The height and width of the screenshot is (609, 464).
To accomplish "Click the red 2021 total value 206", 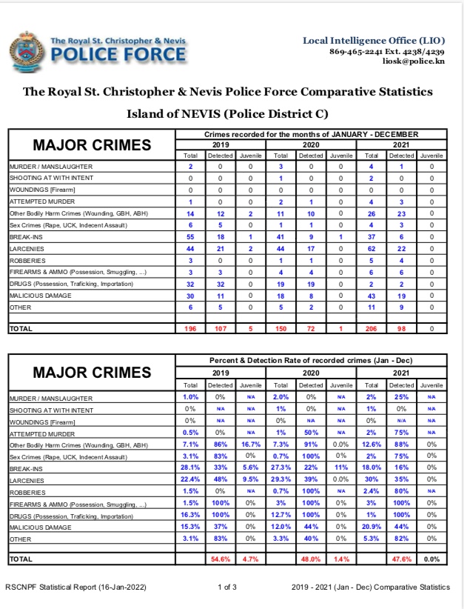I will pyautogui.click(x=371, y=327).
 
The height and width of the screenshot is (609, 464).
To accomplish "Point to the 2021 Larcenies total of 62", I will pyautogui.click(x=371, y=249).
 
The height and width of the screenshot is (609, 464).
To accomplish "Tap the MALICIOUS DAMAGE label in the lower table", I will pyautogui.click(x=41, y=528).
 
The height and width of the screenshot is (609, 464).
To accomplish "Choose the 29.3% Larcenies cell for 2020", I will pyautogui.click(x=280, y=480).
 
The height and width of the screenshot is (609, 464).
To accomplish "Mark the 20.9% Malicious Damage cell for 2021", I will pyautogui.click(x=371, y=528).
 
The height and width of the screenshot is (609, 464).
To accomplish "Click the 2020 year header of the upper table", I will pyautogui.click(x=311, y=144).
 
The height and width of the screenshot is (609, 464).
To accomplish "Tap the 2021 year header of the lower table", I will pyautogui.click(x=402, y=373).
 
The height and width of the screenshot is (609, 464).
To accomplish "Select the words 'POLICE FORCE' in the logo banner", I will pyautogui.click(x=118, y=54).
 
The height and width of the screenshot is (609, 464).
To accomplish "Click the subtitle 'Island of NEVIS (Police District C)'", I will pyautogui.click(x=227, y=114).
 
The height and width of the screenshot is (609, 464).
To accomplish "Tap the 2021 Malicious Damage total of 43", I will pyautogui.click(x=371, y=296).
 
